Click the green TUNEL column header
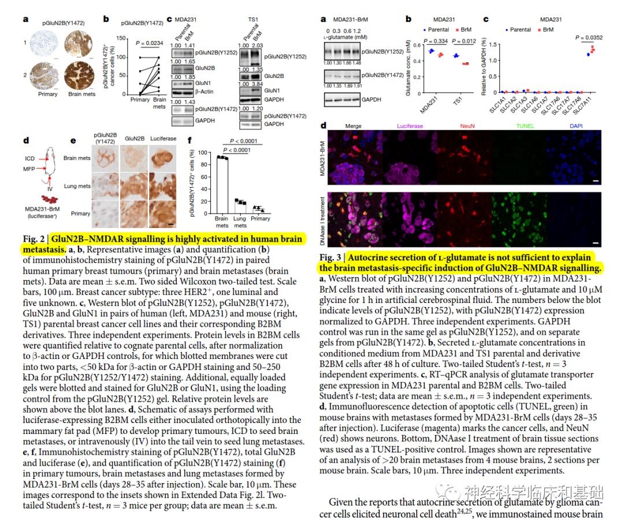coord(526,125)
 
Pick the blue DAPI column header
coord(576,125)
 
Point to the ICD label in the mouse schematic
coord(30,158)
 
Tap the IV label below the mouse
coord(50,188)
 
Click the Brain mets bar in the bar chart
coord(221,184)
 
